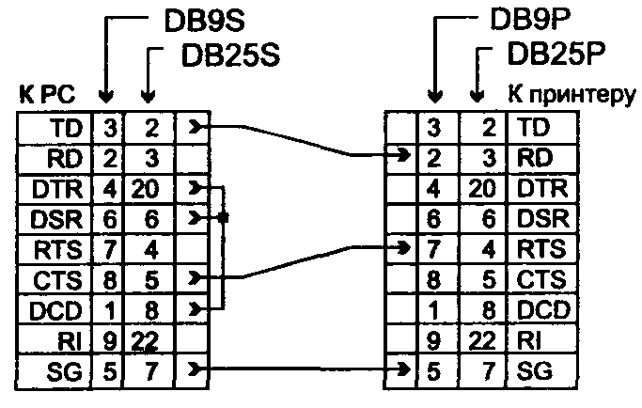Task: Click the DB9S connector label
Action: pyautogui.click(x=204, y=21)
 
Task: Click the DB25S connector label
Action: pyautogui.click(x=230, y=55)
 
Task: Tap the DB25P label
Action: pyautogui.click(x=556, y=54)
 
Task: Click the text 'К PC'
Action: pyautogui.click(x=47, y=95)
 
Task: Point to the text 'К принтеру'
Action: pyautogui.click(x=572, y=95)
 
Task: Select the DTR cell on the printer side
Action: pyautogui.click(x=542, y=188)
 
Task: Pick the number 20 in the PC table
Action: pyautogui.click(x=145, y=189)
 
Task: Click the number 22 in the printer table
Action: pyautogui.click(x=482, y=340)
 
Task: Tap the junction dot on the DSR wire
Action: pyautogui.click(x=223, y=217)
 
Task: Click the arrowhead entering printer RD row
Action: pyautogui.click(x=404, y=155)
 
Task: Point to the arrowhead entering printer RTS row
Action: pyautogui.click(x=404, y=247)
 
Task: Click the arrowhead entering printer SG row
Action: pyautogui.click(x=404, y=369)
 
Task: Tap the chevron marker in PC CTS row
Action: pyautogui.click(x=196, y=278)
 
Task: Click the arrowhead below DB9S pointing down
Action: pyautogui.click(x=106, y=97)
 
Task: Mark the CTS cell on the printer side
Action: pyautogui.click(x=541, y=280)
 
